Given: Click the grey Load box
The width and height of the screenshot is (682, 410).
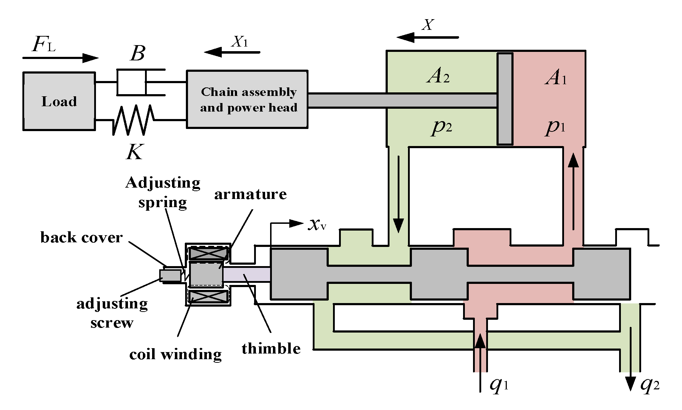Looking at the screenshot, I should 59,101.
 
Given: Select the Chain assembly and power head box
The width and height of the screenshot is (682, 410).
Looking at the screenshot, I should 247,99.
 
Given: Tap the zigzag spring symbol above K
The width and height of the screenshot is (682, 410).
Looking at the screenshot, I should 133,120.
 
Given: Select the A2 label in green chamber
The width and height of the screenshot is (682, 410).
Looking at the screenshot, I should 438,76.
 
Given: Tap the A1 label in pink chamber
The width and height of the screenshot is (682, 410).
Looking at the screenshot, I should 555,78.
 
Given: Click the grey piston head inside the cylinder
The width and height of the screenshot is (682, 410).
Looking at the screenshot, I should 505,99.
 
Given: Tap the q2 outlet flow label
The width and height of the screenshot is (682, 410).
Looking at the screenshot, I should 650,385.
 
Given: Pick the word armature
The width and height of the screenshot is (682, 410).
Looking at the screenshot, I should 250,194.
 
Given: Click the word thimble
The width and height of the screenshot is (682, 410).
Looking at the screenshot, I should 271,349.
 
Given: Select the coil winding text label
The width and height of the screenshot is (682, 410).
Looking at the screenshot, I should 175,354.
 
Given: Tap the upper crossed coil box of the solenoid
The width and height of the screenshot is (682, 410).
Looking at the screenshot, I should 208,254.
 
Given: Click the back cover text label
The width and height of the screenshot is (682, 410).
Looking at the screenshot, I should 81,237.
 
